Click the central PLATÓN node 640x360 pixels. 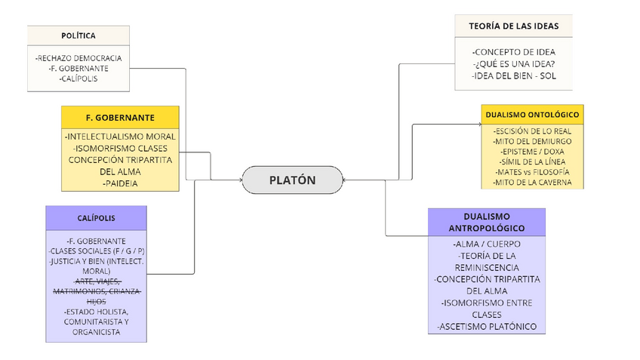tap(292, 180)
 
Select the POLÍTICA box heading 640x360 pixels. tap(78, 35)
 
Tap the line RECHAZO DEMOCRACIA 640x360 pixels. tap(78, 57)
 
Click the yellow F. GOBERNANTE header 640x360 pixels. tap(120, 117)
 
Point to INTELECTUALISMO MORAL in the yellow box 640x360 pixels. tap(121, 137)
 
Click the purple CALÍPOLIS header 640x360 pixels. tap(96, 217)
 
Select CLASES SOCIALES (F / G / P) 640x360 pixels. tap(96, 251)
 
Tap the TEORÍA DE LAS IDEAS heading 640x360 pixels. tap(513, 26)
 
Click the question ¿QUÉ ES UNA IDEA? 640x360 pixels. tap(513, 63)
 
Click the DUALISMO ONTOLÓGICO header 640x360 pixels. tap(532, 115)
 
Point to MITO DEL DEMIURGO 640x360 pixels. tap(532, 141)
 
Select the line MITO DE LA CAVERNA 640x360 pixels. tap(532, 183)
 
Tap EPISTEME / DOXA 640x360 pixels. tap(532, 152)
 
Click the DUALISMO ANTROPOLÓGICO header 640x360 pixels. tap(486, 222)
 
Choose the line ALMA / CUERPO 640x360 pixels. tap(486, 245)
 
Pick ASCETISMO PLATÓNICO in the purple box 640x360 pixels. tap(486, 326)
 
